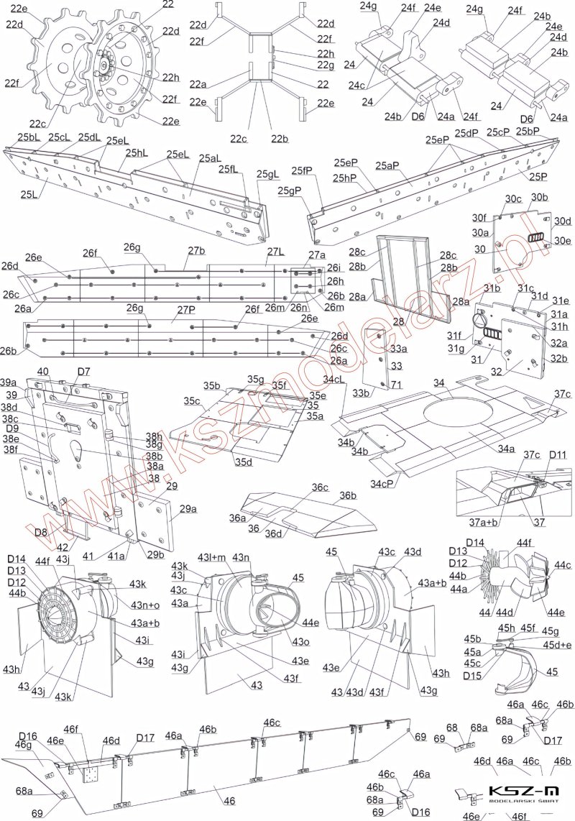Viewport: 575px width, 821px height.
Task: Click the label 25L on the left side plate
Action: [29, 193]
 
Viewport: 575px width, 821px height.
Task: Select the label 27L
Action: [275, 252]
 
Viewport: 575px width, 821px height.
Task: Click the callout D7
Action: [84, 372]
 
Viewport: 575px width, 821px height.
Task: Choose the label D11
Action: [558, 456]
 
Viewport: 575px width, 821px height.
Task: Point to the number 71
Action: [396, 386]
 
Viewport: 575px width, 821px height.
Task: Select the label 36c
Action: [320, 489]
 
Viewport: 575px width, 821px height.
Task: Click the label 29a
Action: [188, 509]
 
